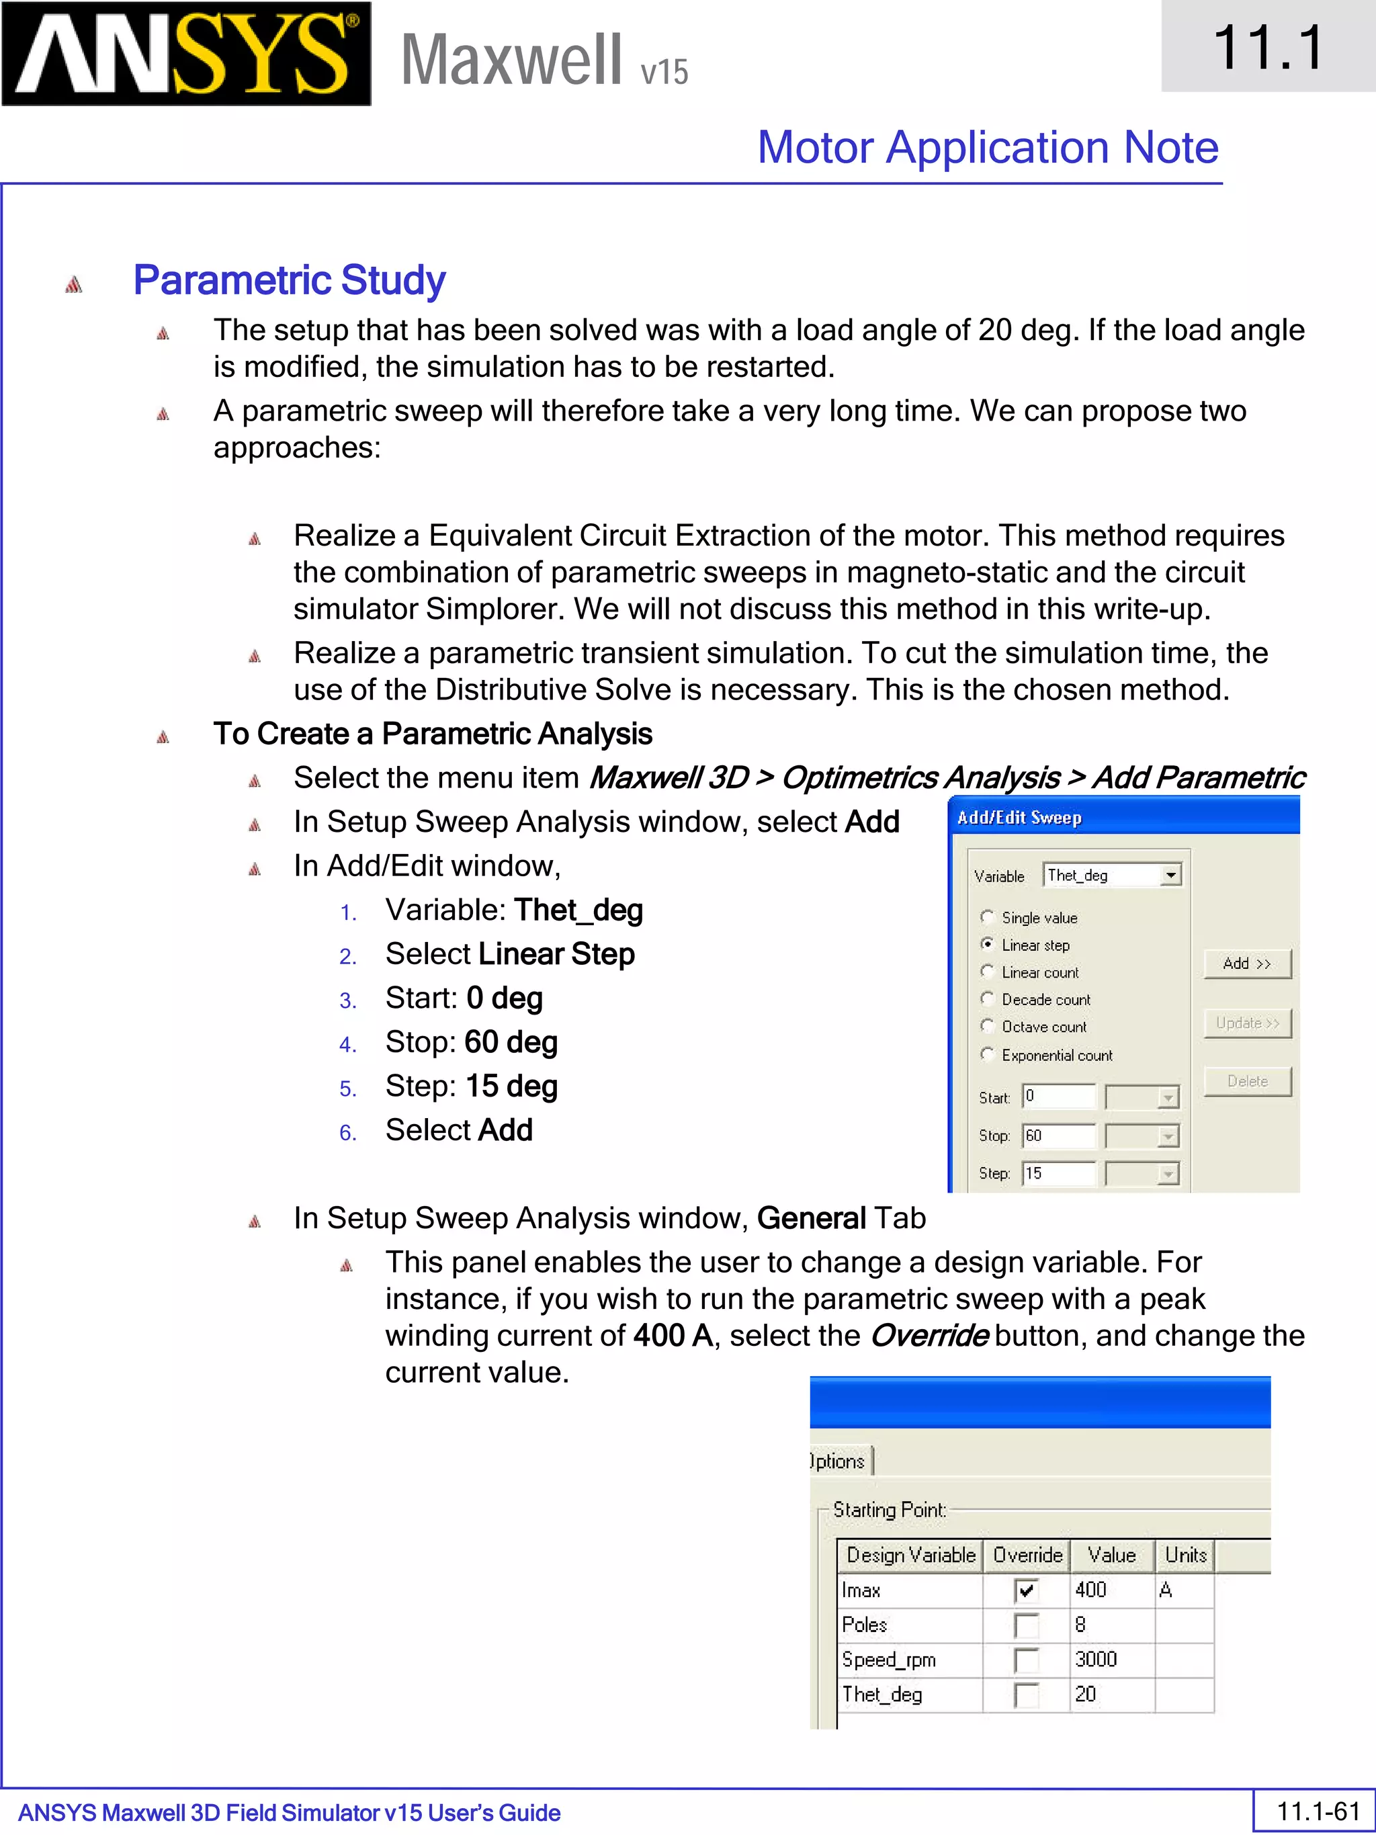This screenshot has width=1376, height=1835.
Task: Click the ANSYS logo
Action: tap(186, 54)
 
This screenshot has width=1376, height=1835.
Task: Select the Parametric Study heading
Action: tap(289, 280)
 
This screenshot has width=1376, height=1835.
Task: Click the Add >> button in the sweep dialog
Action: tap(1246, 963)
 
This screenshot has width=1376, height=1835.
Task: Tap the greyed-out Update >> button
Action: tap(1246, 1023)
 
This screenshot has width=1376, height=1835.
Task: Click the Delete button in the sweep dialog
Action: tap(1246, 1081)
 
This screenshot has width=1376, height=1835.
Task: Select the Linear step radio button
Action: tap(987, 944)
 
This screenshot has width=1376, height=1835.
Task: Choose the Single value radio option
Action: tap(987, 916)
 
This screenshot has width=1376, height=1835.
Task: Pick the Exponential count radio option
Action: tap(987, 1054)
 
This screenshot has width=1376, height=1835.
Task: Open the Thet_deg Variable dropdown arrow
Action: tap(1170, 876)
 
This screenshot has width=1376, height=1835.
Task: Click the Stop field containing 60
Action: tap(1058, 1136)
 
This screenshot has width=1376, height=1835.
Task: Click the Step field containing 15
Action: tap(1058, 1174)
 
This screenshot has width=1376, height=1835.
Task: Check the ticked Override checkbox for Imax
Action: tap(1026, 1590)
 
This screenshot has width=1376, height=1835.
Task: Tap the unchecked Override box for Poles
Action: tap(1026, 1625)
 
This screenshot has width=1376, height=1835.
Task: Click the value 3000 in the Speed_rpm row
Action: tap(1096, 1659)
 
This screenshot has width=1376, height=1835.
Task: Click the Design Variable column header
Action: tap(910, 1555)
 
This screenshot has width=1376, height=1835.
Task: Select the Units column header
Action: tap(1185, 1555)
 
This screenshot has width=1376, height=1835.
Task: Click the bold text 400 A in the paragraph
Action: tap(673, 1336)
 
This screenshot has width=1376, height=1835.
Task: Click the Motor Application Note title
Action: tap(987, 148)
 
